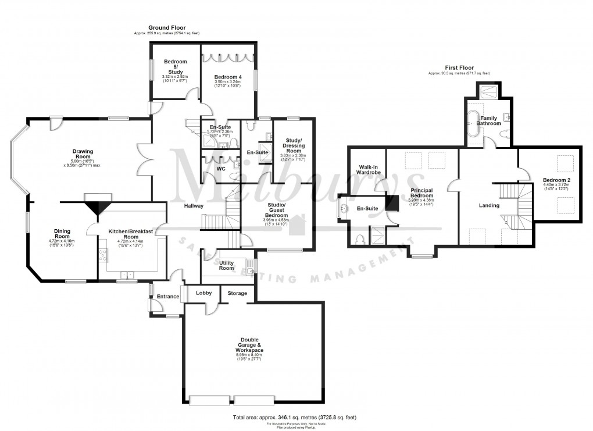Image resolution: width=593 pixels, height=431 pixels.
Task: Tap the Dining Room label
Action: pos(62,234)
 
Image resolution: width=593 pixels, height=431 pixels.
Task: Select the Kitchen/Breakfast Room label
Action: pos(131,234)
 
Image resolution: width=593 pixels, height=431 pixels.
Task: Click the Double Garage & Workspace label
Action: pos(249,345)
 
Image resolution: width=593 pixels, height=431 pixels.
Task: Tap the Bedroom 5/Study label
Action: pos(175,67)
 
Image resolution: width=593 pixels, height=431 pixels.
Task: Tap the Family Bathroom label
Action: pos(488,120)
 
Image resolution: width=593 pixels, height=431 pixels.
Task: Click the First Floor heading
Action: pos(459,67)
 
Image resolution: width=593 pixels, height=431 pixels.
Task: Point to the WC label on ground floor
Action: pos(221,169)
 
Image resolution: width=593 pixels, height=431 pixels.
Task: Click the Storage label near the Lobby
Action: pos(237,293)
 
